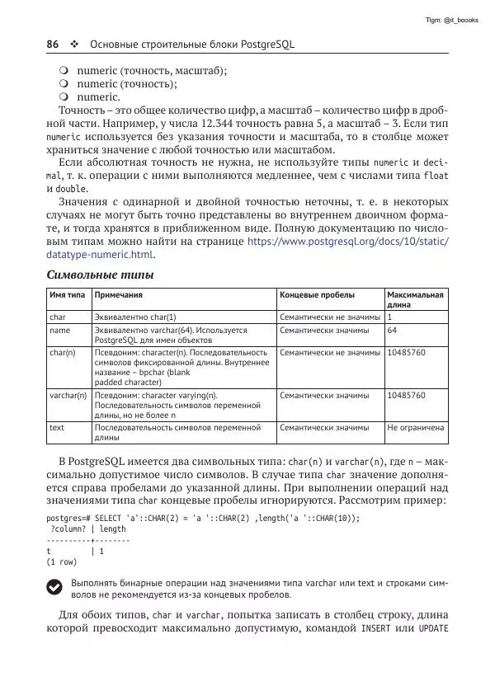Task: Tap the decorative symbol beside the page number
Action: coord(74,43)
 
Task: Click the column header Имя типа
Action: coord(68,294)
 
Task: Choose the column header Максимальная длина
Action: coord(415,299)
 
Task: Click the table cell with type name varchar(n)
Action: coord(68,396)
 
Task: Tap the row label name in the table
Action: coord(59,331)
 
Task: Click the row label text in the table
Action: coord(57,428)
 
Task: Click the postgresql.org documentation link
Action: coord(347,242)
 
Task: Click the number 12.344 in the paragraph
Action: coord(188,123)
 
